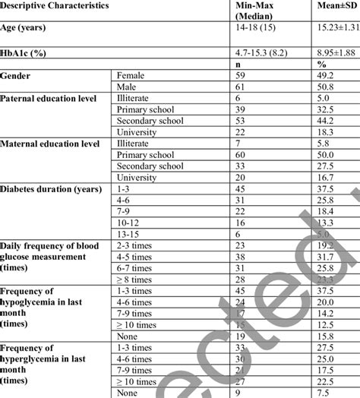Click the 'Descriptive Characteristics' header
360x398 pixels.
[x=55, y=5]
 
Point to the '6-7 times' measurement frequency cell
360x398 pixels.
[x=135, y=268]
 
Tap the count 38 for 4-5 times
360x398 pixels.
[x=242, y=257]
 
